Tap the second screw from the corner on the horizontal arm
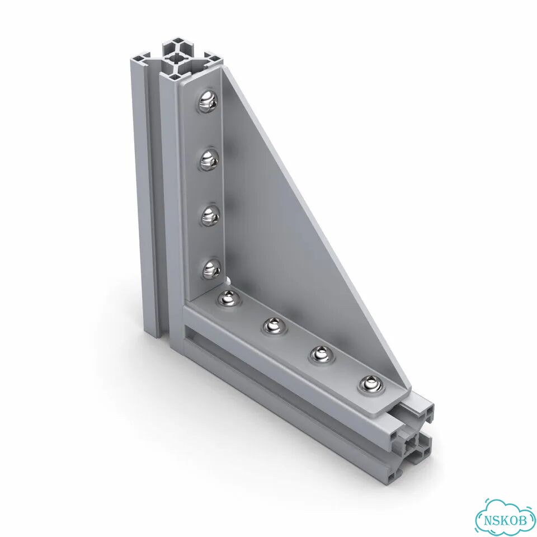[x=274, y=326]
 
